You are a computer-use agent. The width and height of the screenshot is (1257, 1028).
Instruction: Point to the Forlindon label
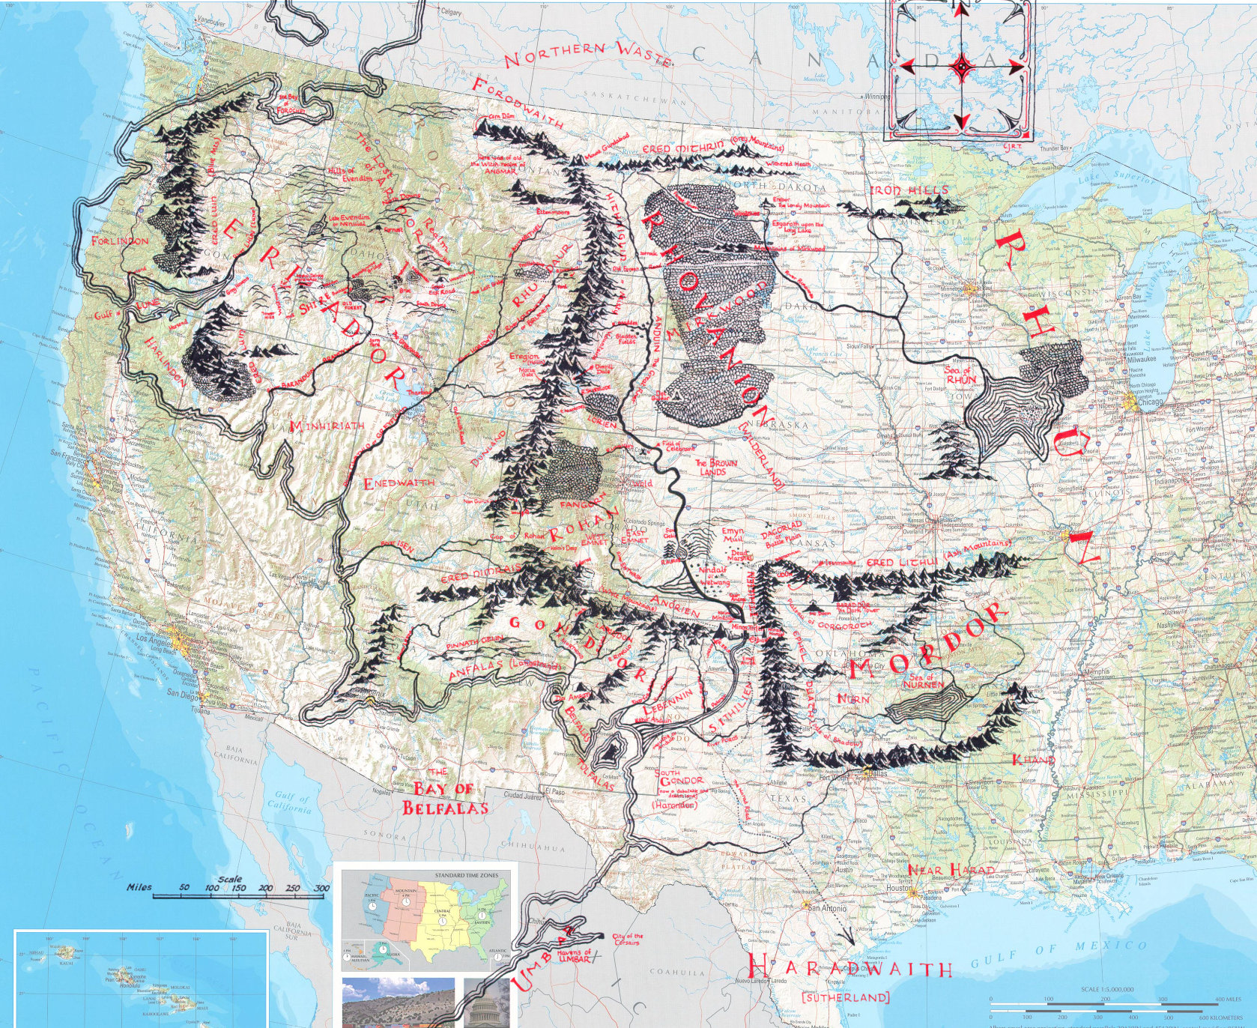pos(119,241)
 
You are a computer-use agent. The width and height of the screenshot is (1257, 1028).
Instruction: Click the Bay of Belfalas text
pos(445,798)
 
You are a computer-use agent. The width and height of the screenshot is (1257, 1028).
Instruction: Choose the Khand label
pos(1033,760)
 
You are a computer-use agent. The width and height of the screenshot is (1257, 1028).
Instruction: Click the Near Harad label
pos(941,869)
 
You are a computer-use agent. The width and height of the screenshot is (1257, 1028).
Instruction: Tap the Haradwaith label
pos(850,967)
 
